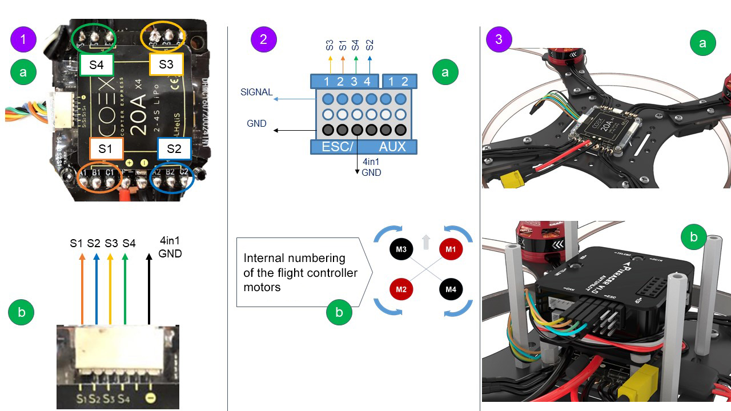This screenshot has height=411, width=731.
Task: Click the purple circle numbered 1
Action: pyautogui.click(x=23, y=39)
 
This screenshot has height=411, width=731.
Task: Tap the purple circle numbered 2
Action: pyautogui.click(x=264, y=39)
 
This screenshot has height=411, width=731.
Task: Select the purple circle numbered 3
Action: pyautogui.click(x=499, y=39)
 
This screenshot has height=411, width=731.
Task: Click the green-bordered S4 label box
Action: pyautogui.click(x=97, y=65)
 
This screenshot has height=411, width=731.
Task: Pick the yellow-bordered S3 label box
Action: pyautogui.click(x=166, y=65)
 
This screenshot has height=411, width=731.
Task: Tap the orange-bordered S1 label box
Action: pyautogui.click(x=106, y=150)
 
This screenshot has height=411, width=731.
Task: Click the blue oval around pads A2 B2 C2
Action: pyautogui.click(x=171, y=180)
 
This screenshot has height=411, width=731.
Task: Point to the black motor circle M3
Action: pyautogui.click(x=401, y=249)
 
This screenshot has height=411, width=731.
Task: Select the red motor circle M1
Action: pyautogui.click(x=451, y=249)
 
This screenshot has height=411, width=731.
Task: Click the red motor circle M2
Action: pyautogui.click(x=401, y=289)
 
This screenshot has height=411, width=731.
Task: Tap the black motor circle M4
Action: pyautogui.click(x=451, y=289)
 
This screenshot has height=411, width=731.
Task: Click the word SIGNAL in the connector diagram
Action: pyautogui.click(x=256, y=92)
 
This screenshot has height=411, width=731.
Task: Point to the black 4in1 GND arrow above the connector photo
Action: pyautogui.click(x=150, y=288)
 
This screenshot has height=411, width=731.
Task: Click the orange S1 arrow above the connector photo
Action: pyautogui.click(x=82, y=288)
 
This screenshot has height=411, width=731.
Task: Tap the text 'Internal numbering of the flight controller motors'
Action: pyautogui.click(x=300, y=273)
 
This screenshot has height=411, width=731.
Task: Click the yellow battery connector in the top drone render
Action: pyautogui.click(x=512, y=181)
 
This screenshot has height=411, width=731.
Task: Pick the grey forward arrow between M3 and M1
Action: pyautogui.click(x=425, y=243)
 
